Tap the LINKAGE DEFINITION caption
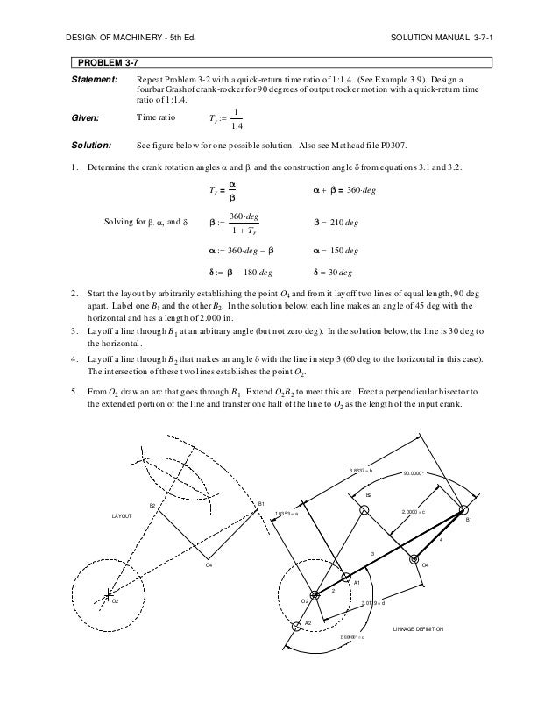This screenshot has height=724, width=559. pos(419,629)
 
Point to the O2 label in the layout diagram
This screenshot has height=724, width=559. pos(114,604)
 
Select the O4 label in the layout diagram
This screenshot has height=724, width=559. pos(209,566)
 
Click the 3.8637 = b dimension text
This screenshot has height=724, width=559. pos(361,472)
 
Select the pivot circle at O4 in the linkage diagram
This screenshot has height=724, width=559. pos(415,557)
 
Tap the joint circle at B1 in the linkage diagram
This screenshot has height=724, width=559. pos(463,509)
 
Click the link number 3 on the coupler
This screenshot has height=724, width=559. pos(372,554)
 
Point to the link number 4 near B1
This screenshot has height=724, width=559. pos(441,540)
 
